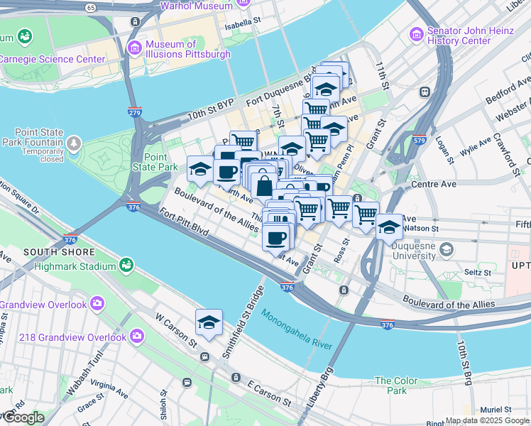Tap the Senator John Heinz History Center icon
[415, 34]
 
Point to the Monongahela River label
[296, 329]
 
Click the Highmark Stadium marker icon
[126, 265]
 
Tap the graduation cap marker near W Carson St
[209, 323]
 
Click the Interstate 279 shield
[135, 111]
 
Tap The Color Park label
[391, 386]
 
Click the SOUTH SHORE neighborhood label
[59, 252]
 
